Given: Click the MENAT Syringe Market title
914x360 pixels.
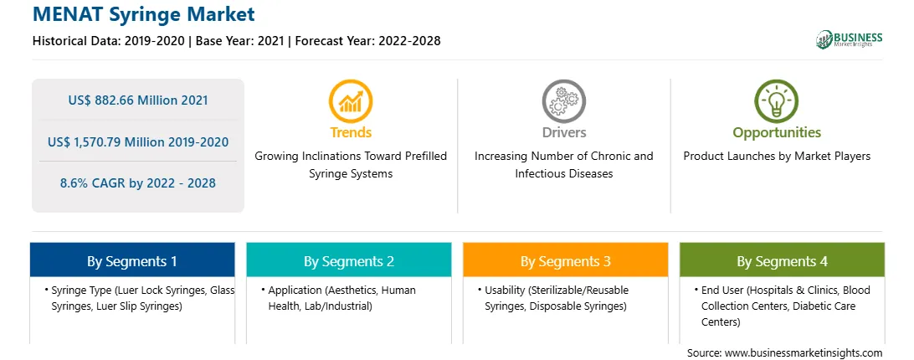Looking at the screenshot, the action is click(x=144, y=14).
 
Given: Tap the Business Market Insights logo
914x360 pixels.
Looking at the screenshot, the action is click(x=850, y=39).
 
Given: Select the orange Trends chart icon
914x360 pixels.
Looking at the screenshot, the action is click(x=351, y=101).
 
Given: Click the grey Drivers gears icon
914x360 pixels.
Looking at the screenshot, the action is click(x=563, y=101).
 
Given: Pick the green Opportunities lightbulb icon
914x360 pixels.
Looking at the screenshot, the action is click(x=777, y=101).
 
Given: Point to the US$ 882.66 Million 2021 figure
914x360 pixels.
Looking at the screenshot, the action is click(x=138, y=100).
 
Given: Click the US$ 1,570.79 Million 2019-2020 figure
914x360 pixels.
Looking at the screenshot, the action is click(x=138, y=141).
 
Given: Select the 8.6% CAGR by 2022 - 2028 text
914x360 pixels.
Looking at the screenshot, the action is click(x=138, y=183).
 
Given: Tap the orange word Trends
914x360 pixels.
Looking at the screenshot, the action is click(x=351, y=132).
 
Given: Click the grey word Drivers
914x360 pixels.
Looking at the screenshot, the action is click(x=563, y=132).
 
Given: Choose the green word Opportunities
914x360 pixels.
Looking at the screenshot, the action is click(x=777, y=132).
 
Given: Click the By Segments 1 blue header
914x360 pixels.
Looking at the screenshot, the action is click(x=132, y=260).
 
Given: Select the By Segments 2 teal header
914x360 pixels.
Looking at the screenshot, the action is click(x=348, y=260).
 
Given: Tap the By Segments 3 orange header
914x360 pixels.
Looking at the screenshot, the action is click(x=566, y=260).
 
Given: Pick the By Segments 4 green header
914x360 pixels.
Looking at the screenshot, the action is click(x=783, y=260).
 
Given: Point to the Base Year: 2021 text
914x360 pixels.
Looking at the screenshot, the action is click(x=239, y=41).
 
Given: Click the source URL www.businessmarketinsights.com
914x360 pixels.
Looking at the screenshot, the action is click(x=804, y=353).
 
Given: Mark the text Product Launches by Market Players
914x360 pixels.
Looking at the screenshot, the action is click(x=777, y=157).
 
